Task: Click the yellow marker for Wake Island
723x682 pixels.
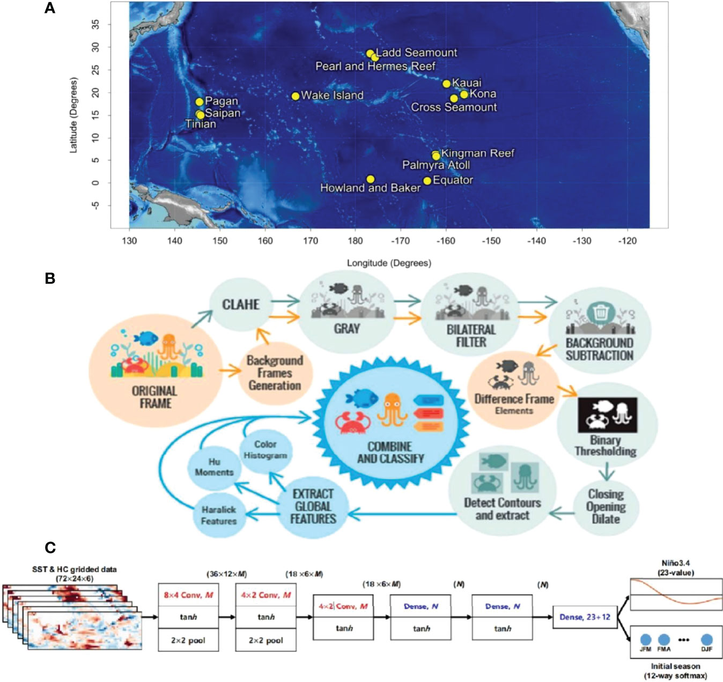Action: click(x=295, y=96)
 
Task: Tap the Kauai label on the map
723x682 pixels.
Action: click(x=467, y=83)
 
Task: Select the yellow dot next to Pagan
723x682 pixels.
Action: click(x=200, y=102)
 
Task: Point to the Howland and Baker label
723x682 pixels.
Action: click(x=370, y=188)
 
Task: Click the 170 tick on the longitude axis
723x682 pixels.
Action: click(x=311, y=241)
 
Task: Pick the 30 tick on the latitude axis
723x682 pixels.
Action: click(x=95, y=48)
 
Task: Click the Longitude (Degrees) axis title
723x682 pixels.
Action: click(x=389, y=263)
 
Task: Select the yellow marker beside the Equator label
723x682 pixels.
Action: click(x=427, y=181)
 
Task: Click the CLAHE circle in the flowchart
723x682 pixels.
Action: click(x=241, y=305)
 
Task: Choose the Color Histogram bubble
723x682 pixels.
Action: click(x=265, y=450)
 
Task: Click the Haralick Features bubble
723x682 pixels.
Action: click(x=218, y=515)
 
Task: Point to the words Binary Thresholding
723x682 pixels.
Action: click(x=606, y=446)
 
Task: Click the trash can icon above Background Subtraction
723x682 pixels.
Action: click(x=601, y=313)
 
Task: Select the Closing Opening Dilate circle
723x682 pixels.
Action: click(x=606, y=507)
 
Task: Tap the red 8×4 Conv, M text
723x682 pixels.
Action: click(x=188, y=595)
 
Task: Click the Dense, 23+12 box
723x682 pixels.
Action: click(x=585, y=617)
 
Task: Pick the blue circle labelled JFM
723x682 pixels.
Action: click(x=646, y=640)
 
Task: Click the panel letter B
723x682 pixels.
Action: click(x=50, y=278)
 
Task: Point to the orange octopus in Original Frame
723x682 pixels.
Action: click(x=169, y=345)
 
